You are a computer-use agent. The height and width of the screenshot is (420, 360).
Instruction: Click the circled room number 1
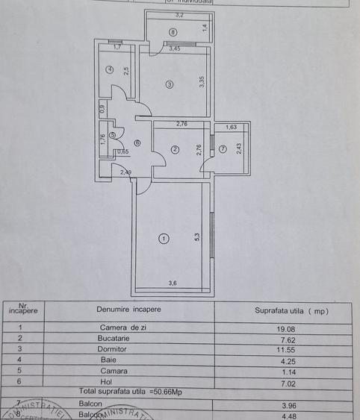[x=164, y=239]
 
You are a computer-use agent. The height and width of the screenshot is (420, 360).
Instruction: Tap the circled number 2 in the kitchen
[x=175, y=149]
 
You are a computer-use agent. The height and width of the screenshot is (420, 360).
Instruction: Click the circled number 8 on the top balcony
[x=173, y=32]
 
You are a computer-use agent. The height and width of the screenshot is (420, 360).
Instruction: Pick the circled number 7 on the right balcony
[x=223, y=149]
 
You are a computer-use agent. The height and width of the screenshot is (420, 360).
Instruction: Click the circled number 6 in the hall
[x=137, y=143]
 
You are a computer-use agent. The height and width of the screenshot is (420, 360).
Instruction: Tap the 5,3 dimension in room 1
[x=196, y=238]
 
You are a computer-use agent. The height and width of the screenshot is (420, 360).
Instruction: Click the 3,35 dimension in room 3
[x=202, y=81]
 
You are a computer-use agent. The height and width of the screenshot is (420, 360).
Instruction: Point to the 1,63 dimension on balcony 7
[x=231, y=128]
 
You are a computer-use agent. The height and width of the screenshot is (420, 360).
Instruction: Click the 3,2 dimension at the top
[x=179, y=15]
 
